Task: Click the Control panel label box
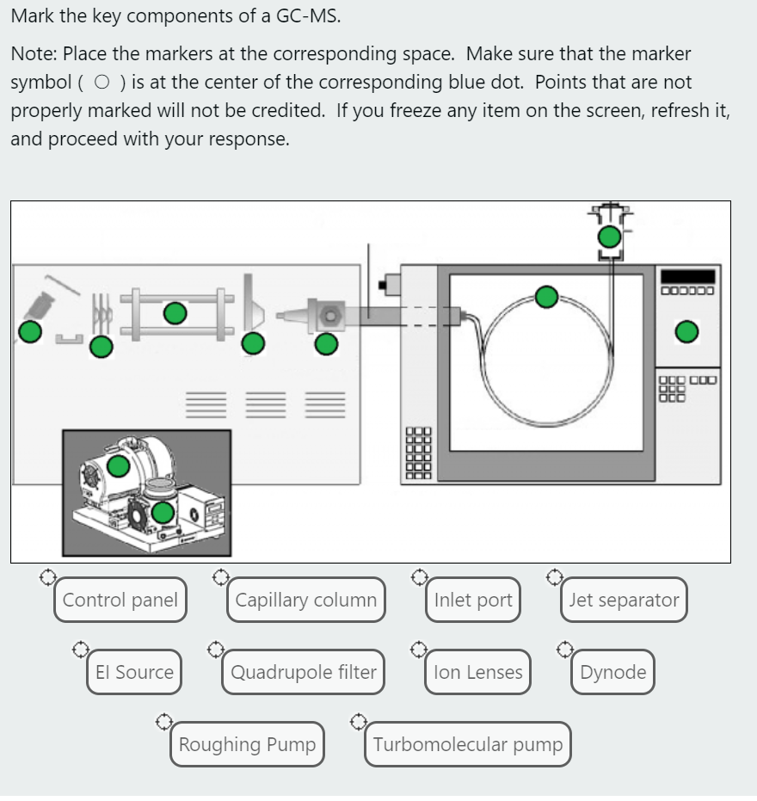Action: point(120,600)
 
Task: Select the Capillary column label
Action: point(305,600)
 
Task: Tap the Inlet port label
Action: point(473,600)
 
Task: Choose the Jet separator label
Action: point(624,600)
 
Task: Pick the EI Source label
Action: point(134,672)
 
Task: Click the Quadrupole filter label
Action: point(303,672)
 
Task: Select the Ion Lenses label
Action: point(478,672)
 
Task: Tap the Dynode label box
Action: point(612,672)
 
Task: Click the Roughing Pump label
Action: point(247,744)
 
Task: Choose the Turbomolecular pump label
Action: point(468,744)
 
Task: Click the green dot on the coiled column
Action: point(546,297)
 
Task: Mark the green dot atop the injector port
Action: point(609,237)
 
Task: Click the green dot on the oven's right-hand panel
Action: point(686,331)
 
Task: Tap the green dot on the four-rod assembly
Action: point(175,313)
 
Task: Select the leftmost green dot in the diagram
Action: point(30,331)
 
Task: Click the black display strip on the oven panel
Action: point(687,276)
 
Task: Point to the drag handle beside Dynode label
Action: point(564,647)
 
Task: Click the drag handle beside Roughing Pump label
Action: point(164,719)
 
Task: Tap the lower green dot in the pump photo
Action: point(163,514)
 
